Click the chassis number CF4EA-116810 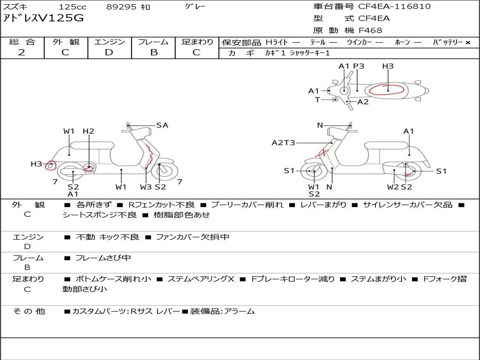point(394,6)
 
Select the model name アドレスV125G point(43,18)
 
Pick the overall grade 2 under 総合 point(22,52)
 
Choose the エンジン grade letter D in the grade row point(109,52)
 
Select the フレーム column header point(153,42)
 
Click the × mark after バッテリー point(468,43)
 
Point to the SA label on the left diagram point(162,125)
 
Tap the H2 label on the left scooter point(89,131)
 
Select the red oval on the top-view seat point(387,89)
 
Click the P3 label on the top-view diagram point(359,66)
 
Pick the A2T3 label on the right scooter point(284,142)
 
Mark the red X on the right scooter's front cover point(322,152)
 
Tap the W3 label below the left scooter point(146,187)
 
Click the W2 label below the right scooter point(393,187)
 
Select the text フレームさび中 point(103,258)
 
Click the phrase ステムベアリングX point(201,279)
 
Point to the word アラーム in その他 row point(240,311)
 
